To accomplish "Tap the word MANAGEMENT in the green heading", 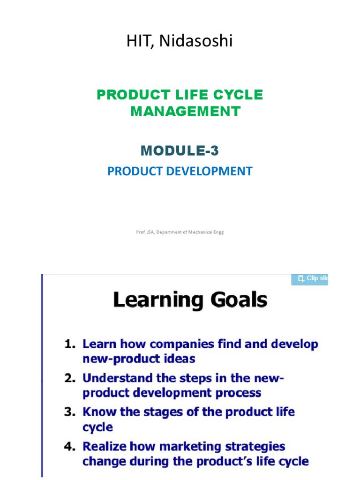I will (x=185, y=112).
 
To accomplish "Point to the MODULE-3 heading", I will (x=180, y=150).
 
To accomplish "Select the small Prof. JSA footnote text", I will (x=180, y=232).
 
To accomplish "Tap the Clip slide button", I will (x=309, y=279).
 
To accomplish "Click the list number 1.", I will (x=70, y=344).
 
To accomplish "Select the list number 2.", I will (x=70, y=378).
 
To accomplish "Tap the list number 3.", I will (x=70, y=412).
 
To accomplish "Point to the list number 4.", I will (x=70, y=446).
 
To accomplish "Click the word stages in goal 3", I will (x=170, y=412).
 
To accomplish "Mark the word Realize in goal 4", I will (x=104, y=446).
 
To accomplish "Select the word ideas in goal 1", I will (x=180, y=359).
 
